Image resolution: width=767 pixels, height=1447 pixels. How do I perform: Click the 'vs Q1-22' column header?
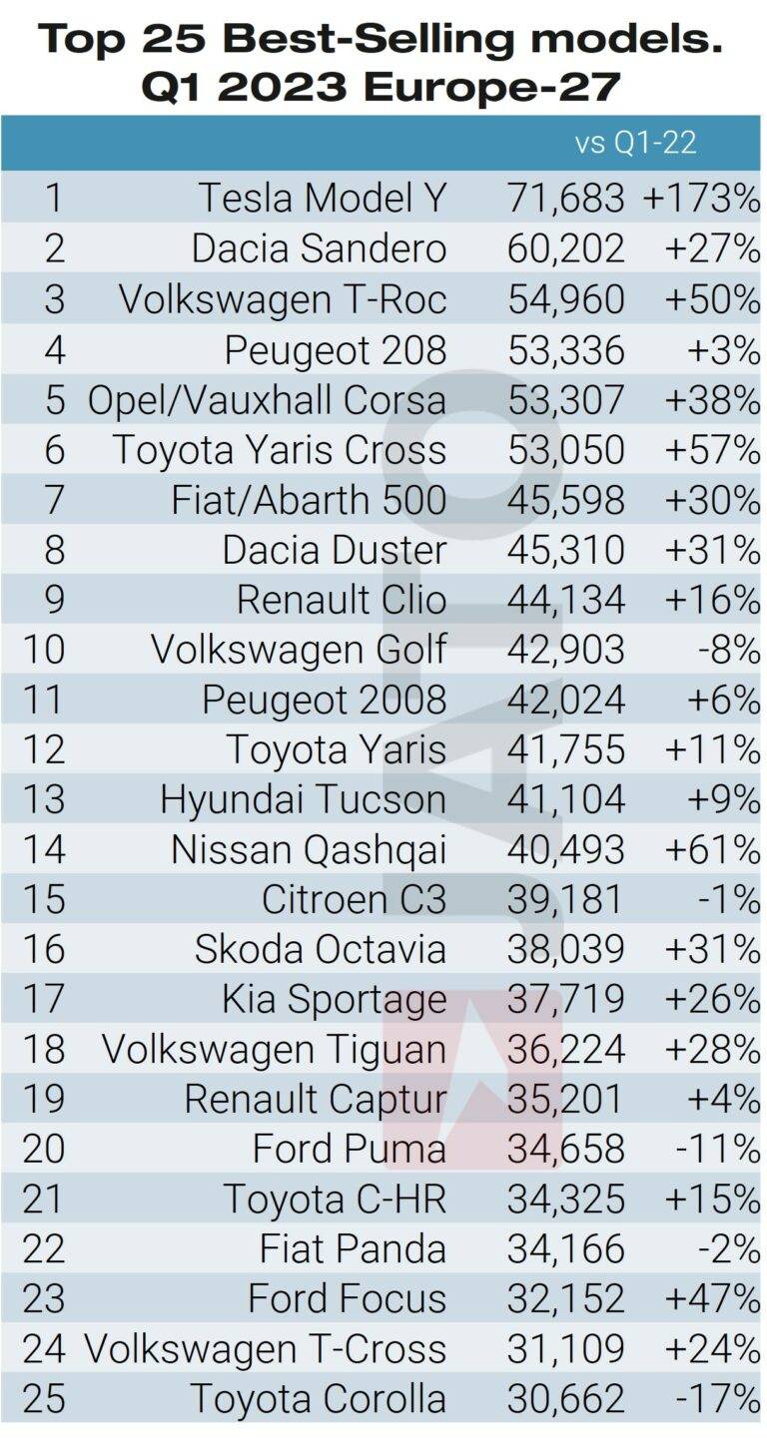click(635, 143)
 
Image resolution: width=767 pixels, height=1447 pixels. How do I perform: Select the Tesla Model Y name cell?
click(322, 198)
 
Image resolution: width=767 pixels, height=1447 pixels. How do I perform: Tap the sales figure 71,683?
click(565, 198)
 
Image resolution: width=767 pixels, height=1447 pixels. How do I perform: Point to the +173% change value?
click(701, 198)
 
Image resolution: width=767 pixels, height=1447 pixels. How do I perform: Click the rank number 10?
click(43, 649)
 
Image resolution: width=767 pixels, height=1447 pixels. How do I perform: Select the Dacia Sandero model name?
click(319, 247)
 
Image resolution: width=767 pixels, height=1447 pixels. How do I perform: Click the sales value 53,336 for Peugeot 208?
click(565, 348)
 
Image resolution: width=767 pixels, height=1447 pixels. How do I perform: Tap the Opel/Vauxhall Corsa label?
click(267, 398)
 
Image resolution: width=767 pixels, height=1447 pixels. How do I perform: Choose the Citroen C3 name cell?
click(354, 899)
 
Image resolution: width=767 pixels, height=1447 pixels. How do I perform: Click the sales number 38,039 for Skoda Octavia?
click(565, 949)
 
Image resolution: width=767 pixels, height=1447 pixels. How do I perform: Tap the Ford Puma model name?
click(349, 1149)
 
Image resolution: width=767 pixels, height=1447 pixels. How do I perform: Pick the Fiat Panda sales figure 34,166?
click(565, 1248)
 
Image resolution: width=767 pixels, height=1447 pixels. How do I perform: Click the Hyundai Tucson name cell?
click(303, 798)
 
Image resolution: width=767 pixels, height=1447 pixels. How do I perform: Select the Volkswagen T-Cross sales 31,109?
click(565, 1348)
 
